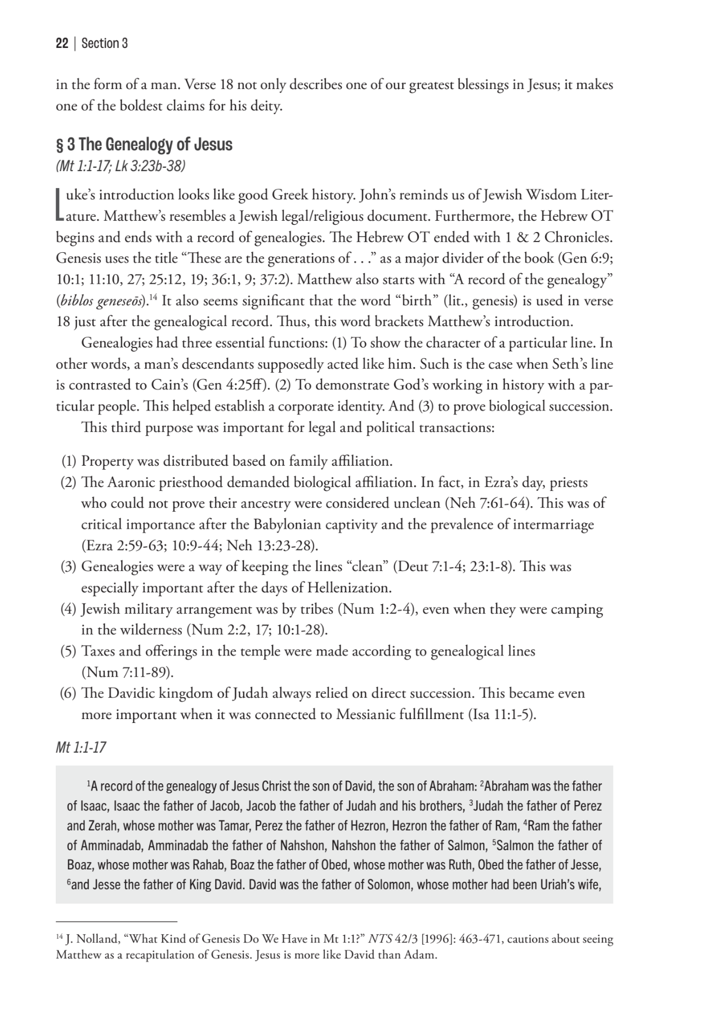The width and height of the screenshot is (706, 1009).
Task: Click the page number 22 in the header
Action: point(62,43)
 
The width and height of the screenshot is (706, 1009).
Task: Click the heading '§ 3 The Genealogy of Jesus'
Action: point(144,145)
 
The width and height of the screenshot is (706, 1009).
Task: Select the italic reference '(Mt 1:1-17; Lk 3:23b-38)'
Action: point(120,167)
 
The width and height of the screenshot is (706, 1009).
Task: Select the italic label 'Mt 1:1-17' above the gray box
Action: point(81,748)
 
